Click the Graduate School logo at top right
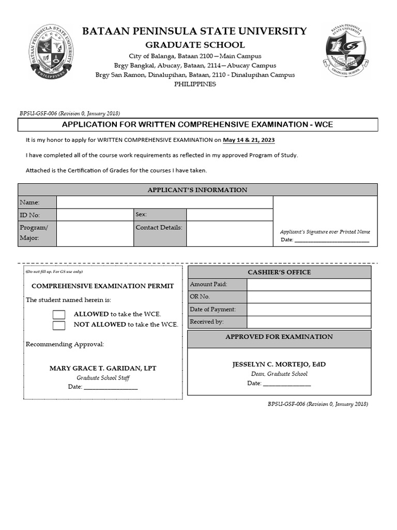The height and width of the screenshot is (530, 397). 346,50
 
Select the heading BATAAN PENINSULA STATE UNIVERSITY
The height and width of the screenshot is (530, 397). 194,32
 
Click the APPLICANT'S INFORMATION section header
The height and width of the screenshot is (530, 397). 197,190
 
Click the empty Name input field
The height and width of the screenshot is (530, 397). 164,202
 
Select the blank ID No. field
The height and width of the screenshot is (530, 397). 95,215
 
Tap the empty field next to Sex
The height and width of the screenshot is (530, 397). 230,215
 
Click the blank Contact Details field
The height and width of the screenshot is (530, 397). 230,233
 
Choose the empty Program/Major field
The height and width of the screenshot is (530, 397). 95,233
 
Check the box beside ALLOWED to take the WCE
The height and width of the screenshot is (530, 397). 59,315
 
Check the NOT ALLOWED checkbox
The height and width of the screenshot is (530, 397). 59,326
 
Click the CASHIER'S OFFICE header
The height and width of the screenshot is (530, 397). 279,272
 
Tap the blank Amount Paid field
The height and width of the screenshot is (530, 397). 309,284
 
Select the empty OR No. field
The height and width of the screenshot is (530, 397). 309,297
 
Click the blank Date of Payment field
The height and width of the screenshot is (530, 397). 309,310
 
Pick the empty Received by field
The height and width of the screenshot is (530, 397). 309,322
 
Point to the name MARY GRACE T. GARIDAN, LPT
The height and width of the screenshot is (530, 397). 103,369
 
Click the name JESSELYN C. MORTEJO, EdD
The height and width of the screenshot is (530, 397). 279,364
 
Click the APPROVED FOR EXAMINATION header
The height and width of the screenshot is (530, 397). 279,337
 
